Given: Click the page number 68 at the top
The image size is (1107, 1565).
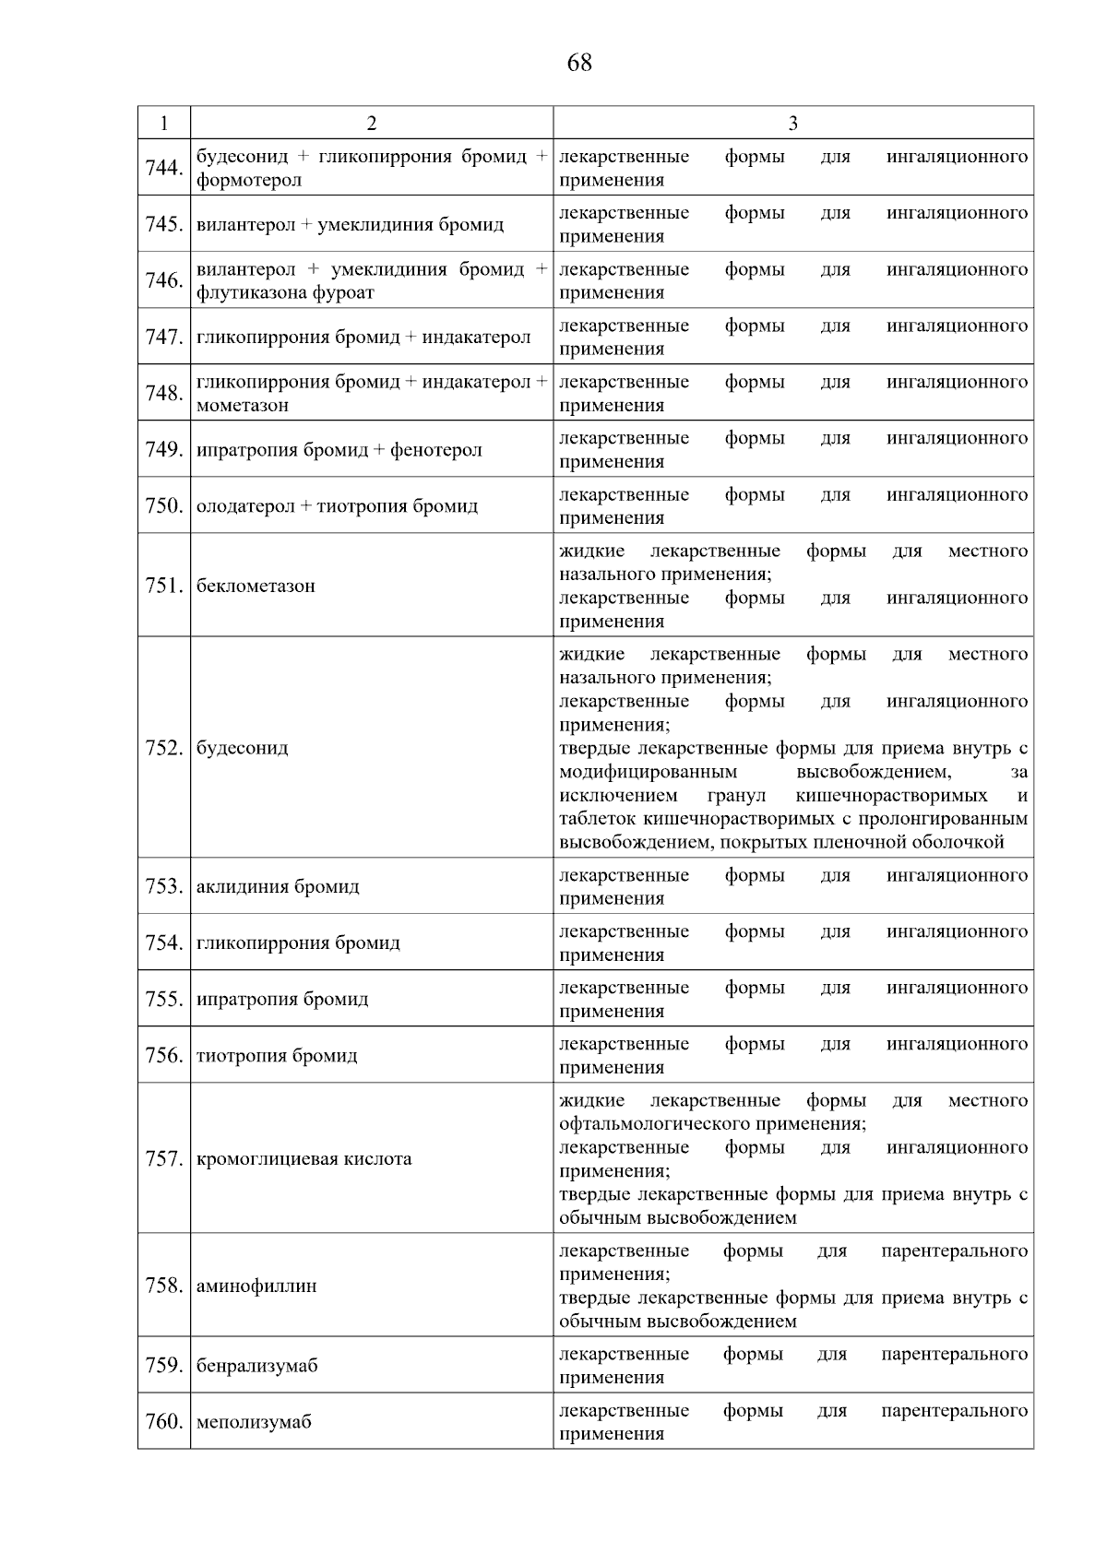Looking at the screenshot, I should (579, 63).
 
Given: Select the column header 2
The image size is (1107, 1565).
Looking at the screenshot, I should (371, 124).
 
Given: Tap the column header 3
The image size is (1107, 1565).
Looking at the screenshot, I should (792, 124).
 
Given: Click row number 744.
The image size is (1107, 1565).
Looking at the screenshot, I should (164, 168).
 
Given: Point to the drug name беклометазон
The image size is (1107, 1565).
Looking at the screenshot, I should (256, 586).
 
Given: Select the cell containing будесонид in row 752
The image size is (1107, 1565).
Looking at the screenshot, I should (243, 747).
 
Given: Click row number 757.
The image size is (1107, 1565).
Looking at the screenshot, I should (164, 1158).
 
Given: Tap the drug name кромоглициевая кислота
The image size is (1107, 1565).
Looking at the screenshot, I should (304, 1158).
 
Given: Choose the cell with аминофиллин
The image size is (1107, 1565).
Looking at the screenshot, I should (256, 1286).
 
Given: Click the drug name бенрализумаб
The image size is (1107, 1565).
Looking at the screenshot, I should (256, 1366).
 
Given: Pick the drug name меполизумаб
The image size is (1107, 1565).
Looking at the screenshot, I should (254, 1422).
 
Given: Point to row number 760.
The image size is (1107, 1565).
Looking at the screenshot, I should (164, 1422).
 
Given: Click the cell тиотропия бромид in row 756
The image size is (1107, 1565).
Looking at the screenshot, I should (277, 1055).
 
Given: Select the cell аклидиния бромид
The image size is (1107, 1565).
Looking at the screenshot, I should (278, 886).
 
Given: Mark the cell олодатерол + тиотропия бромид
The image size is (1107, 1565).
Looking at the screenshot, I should (337, 506).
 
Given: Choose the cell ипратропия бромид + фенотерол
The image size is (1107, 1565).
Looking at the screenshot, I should (339, 450).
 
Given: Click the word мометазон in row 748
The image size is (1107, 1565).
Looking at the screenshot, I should (243, 405).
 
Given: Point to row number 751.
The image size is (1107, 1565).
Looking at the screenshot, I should (164, 586).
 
